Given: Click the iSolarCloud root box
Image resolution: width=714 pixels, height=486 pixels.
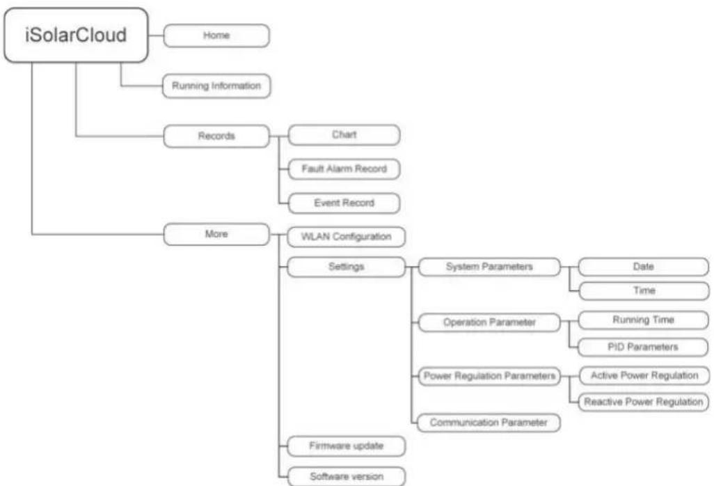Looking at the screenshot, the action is pos(76,35).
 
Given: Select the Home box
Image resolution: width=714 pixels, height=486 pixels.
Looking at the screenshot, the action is pos(216,36).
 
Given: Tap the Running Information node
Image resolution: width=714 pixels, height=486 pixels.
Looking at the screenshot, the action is pos(216,86).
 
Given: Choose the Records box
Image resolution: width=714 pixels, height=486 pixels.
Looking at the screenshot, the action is pos(216,136).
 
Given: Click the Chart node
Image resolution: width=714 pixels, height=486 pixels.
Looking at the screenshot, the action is pos(344,135).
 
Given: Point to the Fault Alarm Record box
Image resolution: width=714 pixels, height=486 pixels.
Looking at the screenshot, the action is pos(344,169).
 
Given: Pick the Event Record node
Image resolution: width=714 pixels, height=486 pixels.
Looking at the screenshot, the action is pos(344,203).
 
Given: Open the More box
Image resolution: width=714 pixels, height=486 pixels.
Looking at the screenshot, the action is pos(216,234).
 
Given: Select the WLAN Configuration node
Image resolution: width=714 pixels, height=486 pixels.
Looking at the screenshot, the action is pos(346,237).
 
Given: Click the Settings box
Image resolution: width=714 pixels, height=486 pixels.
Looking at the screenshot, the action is pos(346,267).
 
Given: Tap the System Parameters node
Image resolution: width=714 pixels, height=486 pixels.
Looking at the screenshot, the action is pos(489,267).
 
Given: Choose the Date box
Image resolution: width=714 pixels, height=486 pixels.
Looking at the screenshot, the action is pos(644,267).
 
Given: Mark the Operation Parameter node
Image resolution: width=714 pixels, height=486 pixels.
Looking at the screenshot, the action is pos(489,322).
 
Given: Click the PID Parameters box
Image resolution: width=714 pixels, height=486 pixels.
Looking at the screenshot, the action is pos(643,347).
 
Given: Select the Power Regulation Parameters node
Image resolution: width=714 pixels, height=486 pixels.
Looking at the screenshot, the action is pos(489,376).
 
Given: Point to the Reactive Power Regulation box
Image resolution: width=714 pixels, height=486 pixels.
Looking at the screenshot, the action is pos(644,402).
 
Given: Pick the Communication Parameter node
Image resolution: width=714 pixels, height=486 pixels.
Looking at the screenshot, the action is pos(489,423).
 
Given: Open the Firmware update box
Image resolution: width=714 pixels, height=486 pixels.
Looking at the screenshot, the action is pos(346,446).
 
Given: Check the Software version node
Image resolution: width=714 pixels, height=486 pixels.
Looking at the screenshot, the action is pos(346,476).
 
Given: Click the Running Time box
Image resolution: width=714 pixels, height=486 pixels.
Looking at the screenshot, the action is pos(644,320).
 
